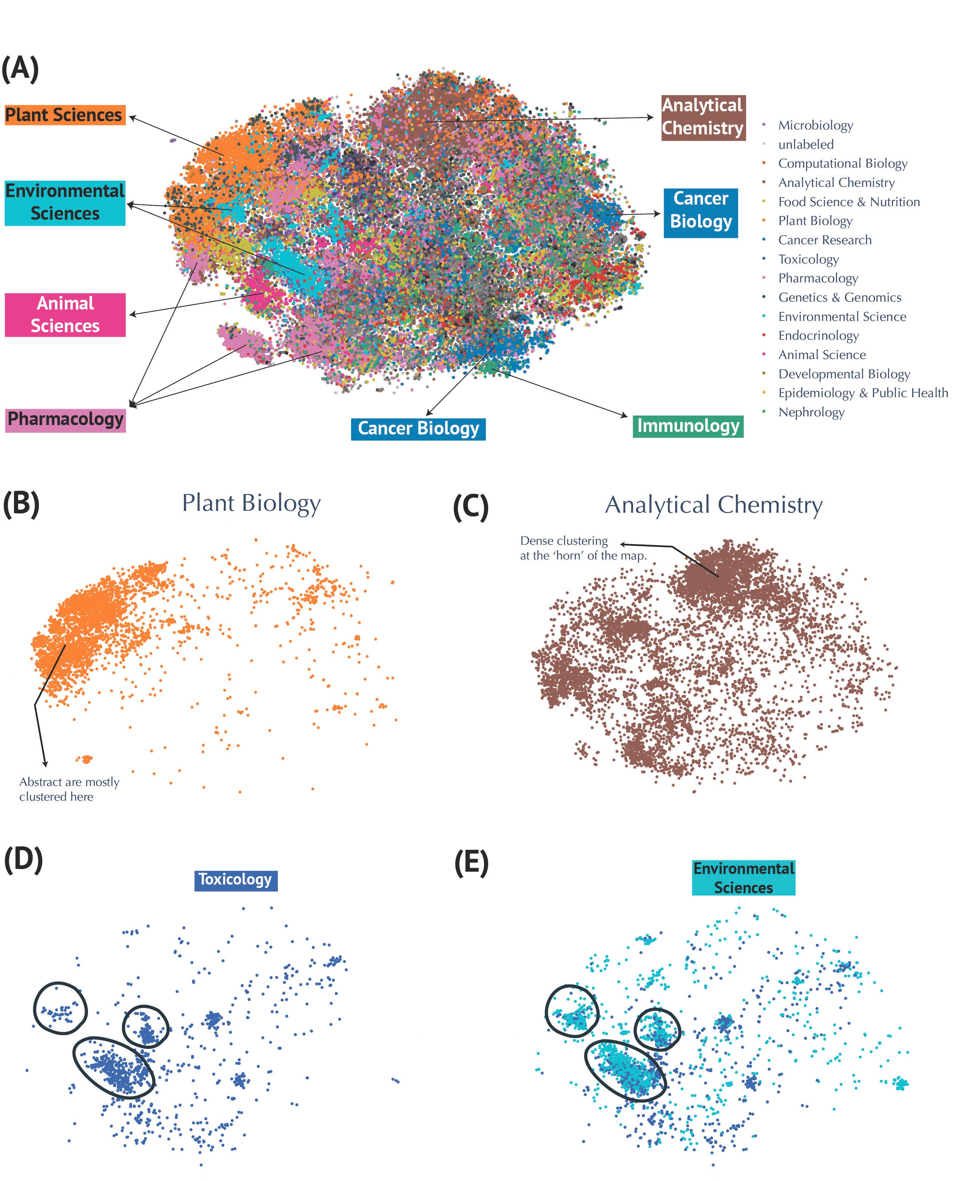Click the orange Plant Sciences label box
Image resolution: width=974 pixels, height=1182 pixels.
click(x=65, y=115)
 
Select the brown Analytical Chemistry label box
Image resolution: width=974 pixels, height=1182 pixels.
click(x=703, y=117)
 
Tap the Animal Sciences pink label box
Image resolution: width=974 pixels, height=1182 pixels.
click(x=65, y=315)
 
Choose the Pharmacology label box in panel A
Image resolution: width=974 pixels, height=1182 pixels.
click(x=65, y=420)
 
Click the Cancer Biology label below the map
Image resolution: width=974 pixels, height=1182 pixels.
click(x=418, y=428)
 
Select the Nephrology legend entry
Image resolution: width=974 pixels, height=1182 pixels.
click(x=811, y=412)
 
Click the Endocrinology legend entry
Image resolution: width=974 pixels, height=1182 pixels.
click(x=818, y=336)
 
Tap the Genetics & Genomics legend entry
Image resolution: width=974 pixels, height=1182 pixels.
click(x=839, y=297)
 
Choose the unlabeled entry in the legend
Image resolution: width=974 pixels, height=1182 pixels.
click(x=806, y=144)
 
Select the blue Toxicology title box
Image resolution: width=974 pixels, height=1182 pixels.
click(x=236, y=879)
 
